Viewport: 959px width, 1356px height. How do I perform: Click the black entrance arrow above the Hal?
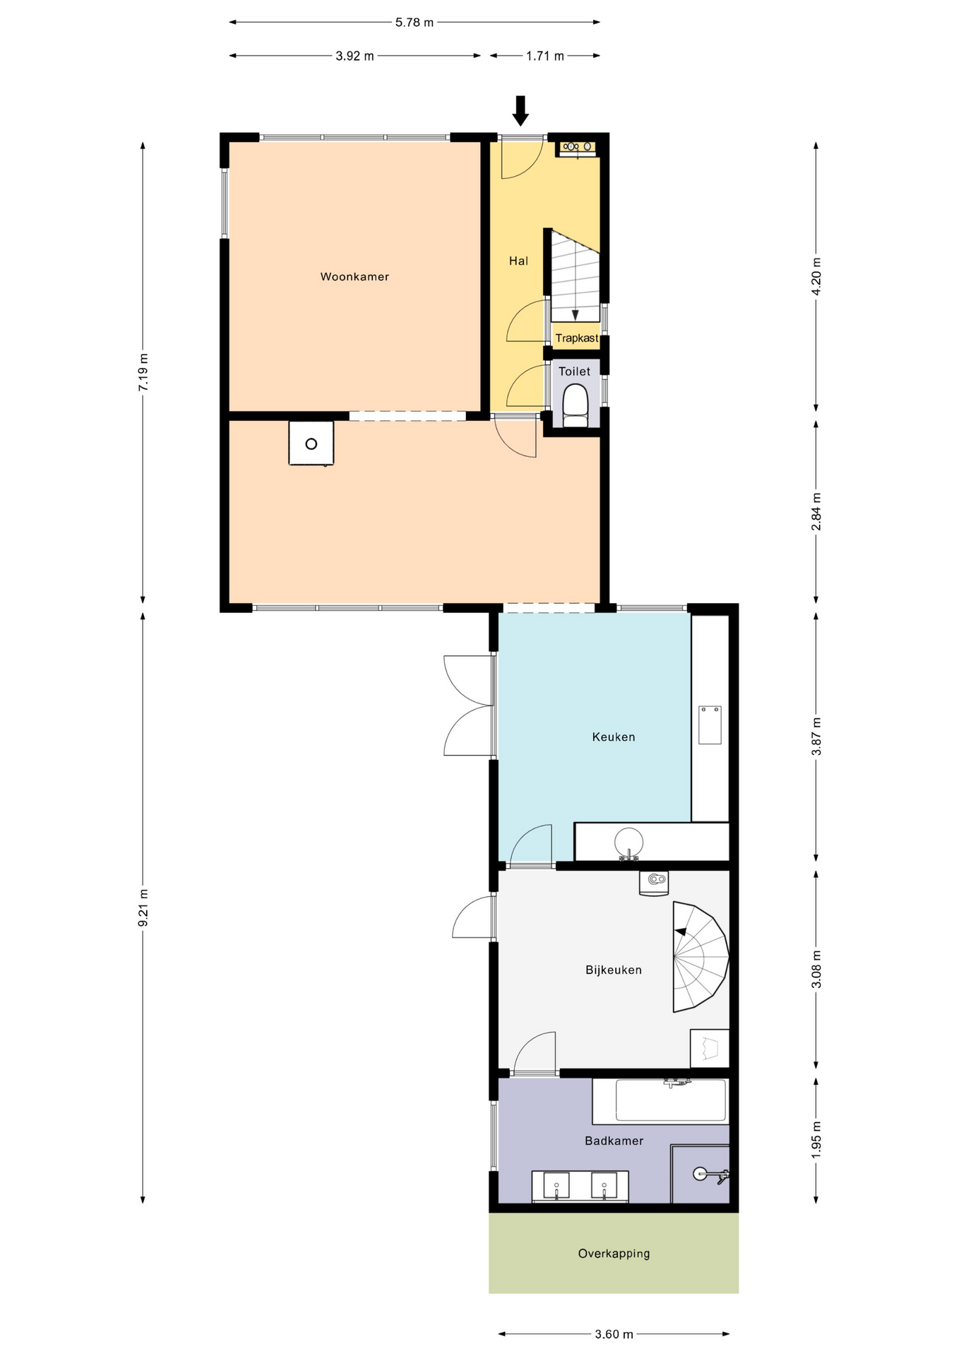520,111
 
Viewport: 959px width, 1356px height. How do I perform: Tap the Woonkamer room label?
355,277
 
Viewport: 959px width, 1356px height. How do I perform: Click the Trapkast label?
577,338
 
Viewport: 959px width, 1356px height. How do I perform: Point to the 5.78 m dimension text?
415,23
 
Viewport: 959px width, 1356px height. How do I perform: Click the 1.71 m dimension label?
545,56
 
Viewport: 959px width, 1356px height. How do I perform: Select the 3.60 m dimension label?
614,1334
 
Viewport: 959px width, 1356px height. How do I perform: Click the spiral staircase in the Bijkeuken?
700,957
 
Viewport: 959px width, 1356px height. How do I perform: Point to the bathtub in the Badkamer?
660,1101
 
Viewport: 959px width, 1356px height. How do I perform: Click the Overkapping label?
614,1254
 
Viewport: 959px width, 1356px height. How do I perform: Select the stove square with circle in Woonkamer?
311,444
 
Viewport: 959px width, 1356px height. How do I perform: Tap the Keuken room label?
614,737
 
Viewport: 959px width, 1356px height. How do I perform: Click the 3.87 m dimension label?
816,737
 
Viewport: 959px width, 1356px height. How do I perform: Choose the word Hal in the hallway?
518,261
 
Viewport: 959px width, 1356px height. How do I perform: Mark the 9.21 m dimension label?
143,908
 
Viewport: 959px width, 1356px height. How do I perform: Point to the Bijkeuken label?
614,970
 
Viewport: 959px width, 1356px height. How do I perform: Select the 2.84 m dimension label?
816,511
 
